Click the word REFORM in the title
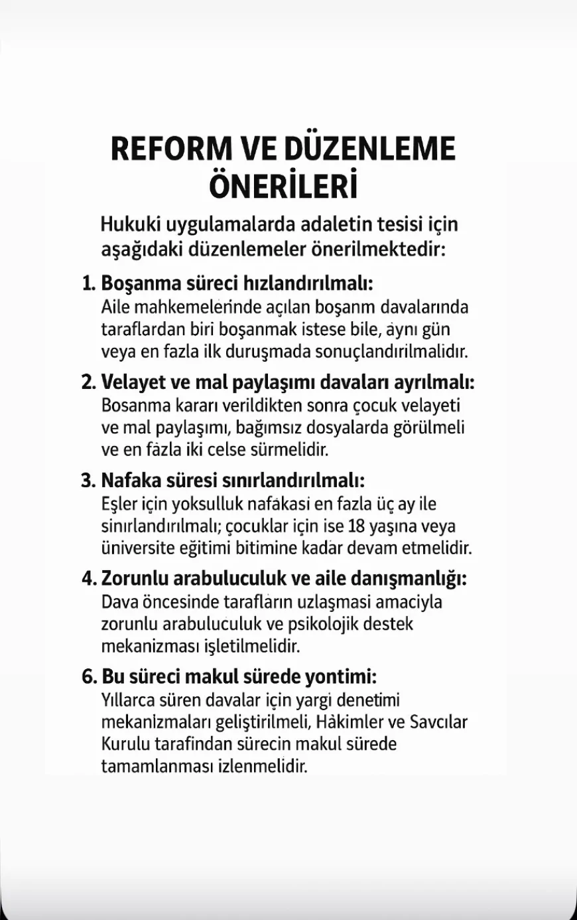(170, 149)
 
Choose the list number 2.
(88, 382)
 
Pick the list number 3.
(88, 480)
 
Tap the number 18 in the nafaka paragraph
(357, 526)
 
